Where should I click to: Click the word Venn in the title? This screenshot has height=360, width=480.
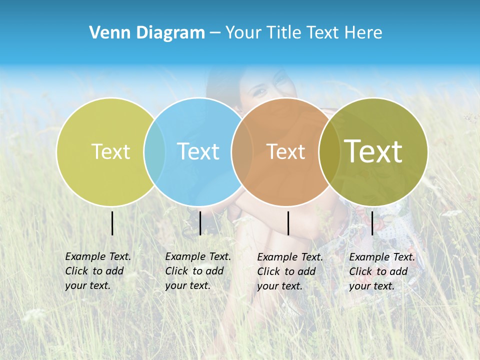(x=106, y=33)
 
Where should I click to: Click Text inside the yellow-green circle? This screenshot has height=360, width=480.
(x=111, y=151)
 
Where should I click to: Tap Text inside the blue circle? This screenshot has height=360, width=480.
(x=198, y=151)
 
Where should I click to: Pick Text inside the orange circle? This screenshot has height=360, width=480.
(x=286, y=151)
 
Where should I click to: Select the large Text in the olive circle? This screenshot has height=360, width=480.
(x=373, y=151)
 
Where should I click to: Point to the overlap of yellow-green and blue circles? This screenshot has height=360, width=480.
(x=154, y=151)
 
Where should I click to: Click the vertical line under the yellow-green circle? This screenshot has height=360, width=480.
(x=112, y=223)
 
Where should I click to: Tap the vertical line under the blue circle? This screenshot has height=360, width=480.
(x=200, y=223)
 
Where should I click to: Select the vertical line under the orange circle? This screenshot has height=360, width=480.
(x=288, y=223)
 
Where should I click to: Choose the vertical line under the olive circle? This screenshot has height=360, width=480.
(x=372, y=223)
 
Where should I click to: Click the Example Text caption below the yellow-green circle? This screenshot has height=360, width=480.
(x=97, y=271)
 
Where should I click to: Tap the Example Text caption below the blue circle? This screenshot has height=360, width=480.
(x=197, y=271)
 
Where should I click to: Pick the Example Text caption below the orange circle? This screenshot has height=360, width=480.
(x=289, y=271)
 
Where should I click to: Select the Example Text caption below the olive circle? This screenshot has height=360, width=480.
(x=381, y=271)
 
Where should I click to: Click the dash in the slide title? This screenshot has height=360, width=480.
(x=215, y=33)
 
